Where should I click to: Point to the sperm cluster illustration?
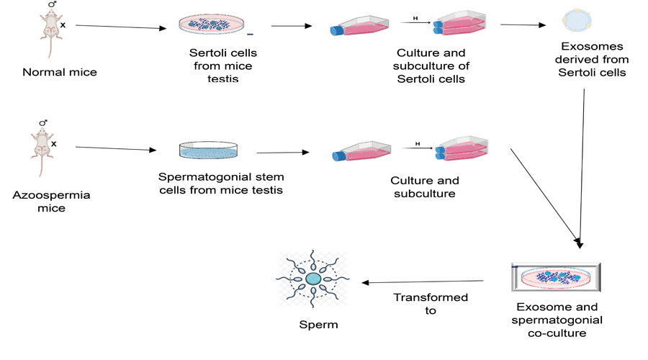tap(313, 279)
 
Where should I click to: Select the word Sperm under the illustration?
tap(318, 325)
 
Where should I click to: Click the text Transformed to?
tap(431, 303)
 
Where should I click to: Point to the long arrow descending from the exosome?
tap(582, 166)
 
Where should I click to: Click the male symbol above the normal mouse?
tap(52, 5)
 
